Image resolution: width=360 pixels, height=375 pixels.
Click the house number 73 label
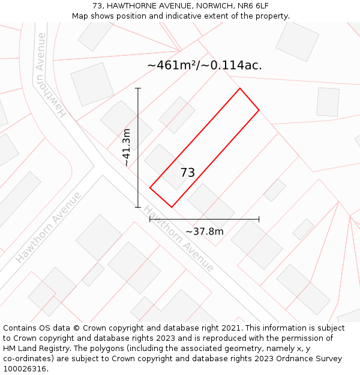click(187, 173)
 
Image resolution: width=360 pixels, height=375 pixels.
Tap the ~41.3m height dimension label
click(127, 148)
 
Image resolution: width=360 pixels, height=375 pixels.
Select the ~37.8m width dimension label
click(204, 232)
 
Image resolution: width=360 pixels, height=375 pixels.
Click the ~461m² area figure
click(173, 65)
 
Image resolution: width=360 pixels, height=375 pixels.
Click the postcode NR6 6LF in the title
click(253, 6)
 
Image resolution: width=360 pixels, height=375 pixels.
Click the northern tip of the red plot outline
click(240, 89)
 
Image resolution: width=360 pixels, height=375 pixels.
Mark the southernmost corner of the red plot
click(172, 208)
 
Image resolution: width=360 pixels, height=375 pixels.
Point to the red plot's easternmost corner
click(259, 110)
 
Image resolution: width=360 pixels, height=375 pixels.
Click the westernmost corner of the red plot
click(150, 188)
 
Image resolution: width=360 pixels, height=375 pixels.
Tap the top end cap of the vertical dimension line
click(138, 89)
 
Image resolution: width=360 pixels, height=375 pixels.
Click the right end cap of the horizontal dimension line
click(259, 220)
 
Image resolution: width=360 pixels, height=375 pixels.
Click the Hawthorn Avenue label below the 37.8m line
click(178, 239)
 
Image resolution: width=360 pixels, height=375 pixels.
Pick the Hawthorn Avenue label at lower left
click(48, 227)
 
